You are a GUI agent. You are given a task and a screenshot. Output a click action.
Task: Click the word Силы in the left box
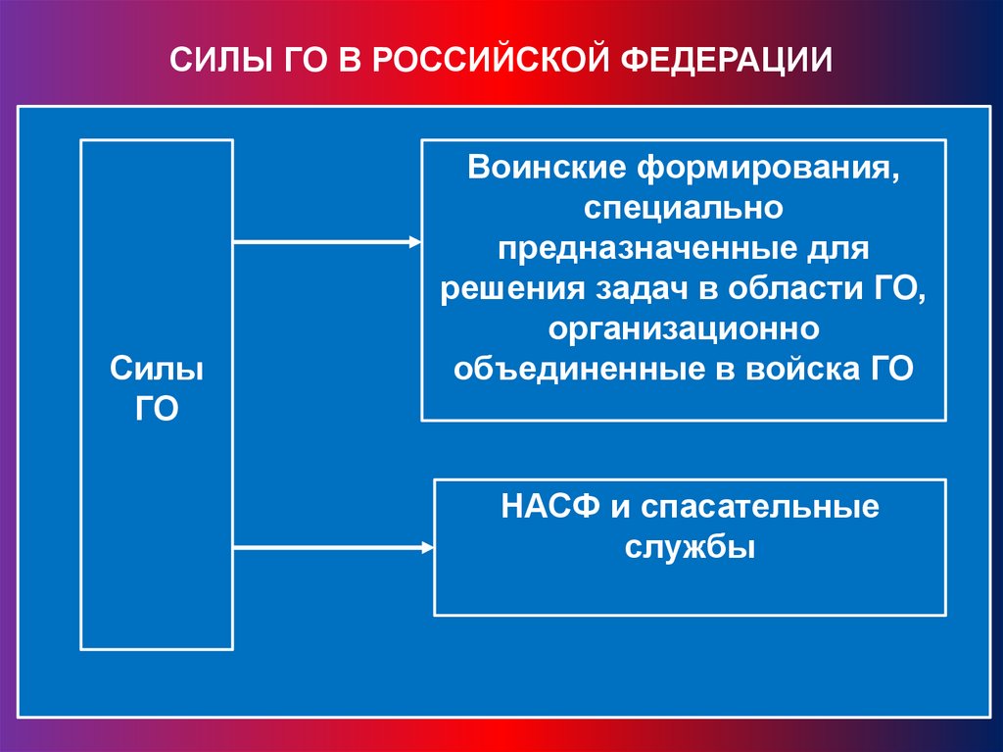pyautogui.click(x=157, y=372)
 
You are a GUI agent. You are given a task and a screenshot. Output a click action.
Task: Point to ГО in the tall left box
pyautogui.click(x=157, y=408)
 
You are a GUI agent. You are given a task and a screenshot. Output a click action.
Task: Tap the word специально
pyautogui.click(x=683, y=207)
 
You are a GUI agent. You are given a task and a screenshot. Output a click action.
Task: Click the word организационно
pyautogui.click(x=683, y=328)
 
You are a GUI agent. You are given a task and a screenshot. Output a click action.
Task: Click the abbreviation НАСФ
pyautogui.click(x=549, y=508)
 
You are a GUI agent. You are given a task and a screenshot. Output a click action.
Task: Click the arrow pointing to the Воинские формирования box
pyautogui.click(x=328, y=241)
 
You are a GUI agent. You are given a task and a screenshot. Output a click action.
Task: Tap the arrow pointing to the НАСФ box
pyautogui.click(x=334, y=546)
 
